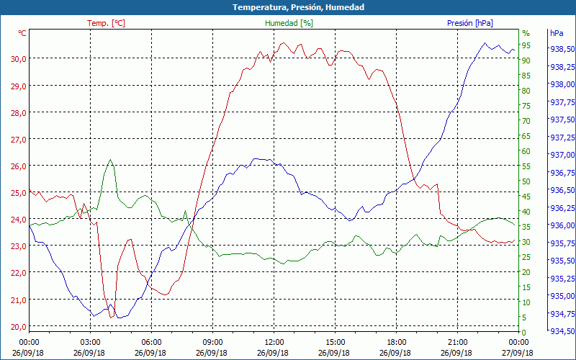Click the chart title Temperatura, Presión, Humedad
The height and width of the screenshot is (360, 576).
point(288,7)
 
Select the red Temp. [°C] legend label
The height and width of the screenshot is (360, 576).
point(106,23)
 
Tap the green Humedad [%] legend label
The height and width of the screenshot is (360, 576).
point(289,23)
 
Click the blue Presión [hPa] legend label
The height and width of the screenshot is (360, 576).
point(469,23)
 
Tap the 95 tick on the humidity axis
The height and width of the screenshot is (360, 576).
point(526,45)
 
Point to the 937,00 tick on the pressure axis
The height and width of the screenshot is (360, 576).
point(562,155)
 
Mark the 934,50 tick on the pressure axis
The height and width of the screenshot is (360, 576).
point(562,331)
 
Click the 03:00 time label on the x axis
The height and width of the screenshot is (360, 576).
point(90,342)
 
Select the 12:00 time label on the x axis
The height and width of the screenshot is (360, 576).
point(274,342)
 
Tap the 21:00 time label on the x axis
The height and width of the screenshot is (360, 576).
point(457,342)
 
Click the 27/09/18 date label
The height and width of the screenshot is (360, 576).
point(518,353)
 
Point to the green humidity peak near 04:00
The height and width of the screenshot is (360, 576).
point(110,160)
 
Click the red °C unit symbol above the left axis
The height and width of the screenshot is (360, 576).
point(22,33)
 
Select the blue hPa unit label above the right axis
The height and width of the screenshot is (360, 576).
point(557,33)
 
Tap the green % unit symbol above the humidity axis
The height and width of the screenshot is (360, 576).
point(526,33)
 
